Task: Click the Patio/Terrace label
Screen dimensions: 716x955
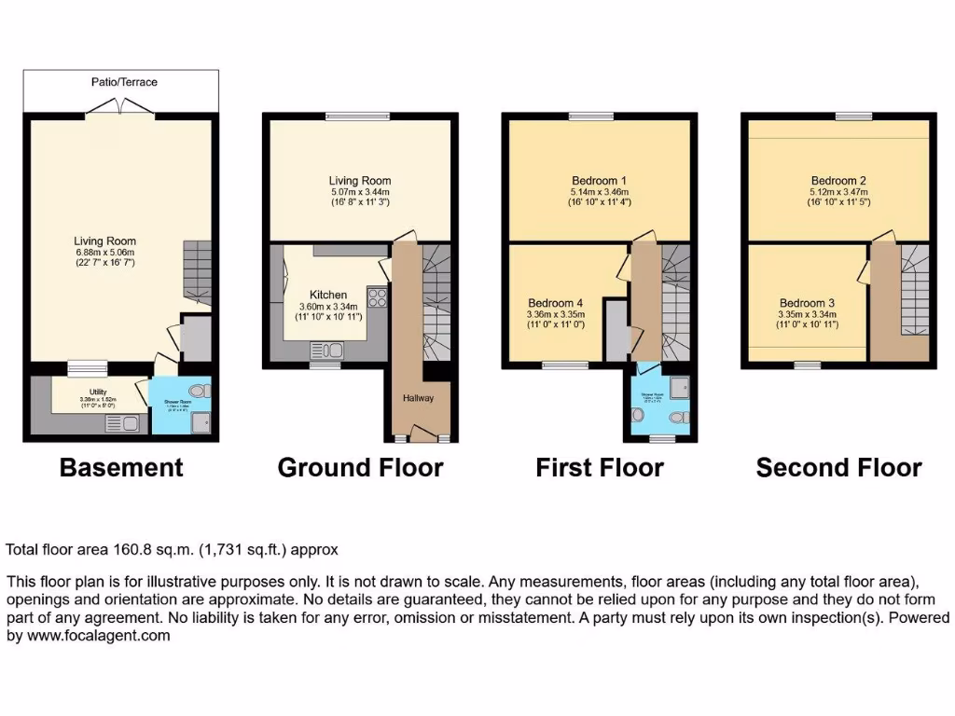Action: (x=123, y=82)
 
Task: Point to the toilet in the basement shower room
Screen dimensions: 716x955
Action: (x=196, y=392)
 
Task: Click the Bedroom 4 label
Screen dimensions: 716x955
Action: (x=556, y=303)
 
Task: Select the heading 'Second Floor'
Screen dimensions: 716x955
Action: (x=838, y=467)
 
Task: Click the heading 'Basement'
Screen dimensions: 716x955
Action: (x=121, y=467)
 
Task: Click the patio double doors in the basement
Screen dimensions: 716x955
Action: (x=121, y=113)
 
